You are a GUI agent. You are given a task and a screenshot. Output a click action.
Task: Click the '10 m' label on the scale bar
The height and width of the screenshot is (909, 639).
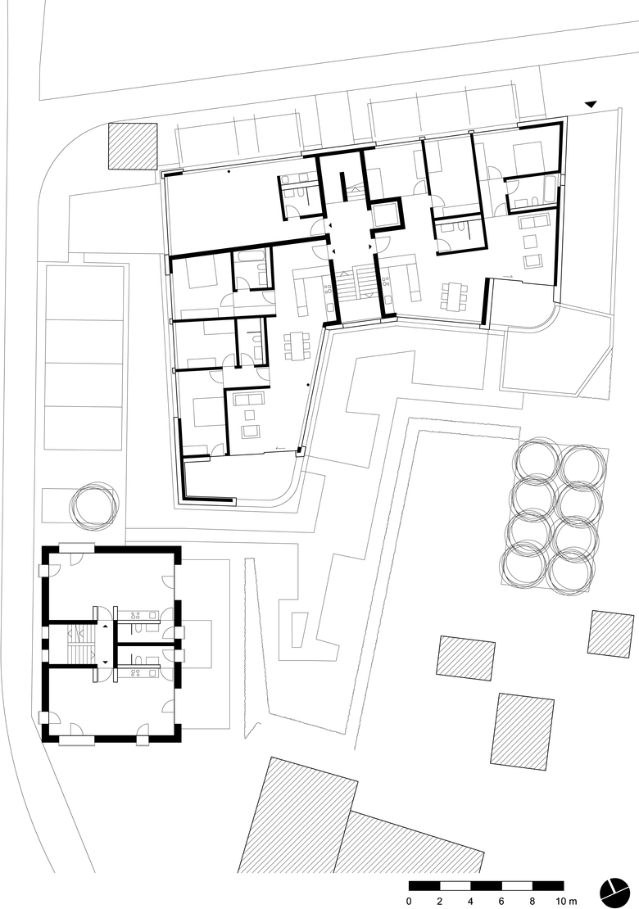coord(567,901)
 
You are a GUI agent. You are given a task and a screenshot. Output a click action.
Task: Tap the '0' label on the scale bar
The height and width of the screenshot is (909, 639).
coord(409,901)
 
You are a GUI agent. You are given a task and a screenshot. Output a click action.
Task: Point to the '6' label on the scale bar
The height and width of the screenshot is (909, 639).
coord(501,901)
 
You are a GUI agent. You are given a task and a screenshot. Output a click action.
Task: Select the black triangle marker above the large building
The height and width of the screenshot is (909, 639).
coord(591,104)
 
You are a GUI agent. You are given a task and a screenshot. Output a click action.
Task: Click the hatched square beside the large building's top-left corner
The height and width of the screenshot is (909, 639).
coord(133,146)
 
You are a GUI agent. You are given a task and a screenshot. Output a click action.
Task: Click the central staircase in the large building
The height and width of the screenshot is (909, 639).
coord(356,283)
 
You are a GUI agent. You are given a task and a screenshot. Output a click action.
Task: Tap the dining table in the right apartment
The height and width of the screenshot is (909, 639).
coord(453,296)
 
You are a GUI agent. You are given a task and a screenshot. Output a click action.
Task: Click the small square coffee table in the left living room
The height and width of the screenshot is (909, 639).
coord(250,415)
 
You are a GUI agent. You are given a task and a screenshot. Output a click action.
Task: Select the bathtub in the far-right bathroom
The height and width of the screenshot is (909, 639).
coord(549,192)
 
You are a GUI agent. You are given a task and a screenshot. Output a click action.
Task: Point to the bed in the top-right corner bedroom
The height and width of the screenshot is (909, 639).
coord(528,156)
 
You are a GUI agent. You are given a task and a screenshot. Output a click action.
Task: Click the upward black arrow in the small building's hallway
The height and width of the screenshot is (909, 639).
coord(106,626)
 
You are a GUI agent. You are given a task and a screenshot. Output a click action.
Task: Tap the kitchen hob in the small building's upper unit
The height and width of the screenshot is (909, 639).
coord(138,616)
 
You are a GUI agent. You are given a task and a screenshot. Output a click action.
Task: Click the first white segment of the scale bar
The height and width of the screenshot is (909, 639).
coord(455,886)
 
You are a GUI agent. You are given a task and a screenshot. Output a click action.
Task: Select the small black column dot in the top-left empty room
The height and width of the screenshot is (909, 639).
coord(229,172)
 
